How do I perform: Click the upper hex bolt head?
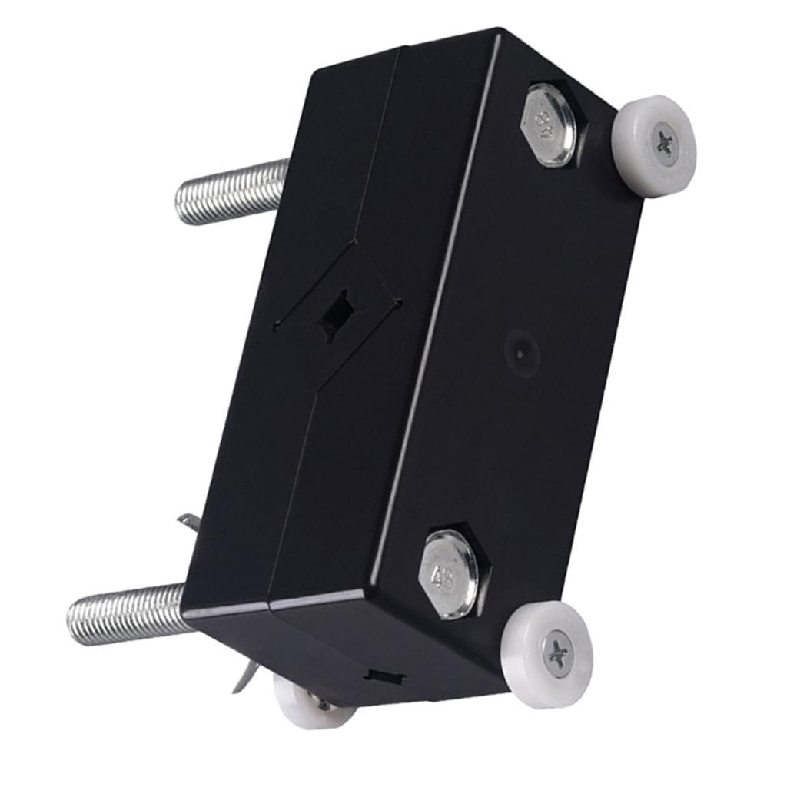pyautogui.click(x=552, y=125)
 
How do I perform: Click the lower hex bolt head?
pyautogui.click(x=452, y=573)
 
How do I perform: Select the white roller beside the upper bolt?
pyautogui.click(x=654, y=145)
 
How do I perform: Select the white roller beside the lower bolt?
pyautogui.click(x=548, y=654)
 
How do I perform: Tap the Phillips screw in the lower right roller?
pyautogui.click(x=557, y=655)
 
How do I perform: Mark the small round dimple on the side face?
pyautogui.click(x=521, y=353)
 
